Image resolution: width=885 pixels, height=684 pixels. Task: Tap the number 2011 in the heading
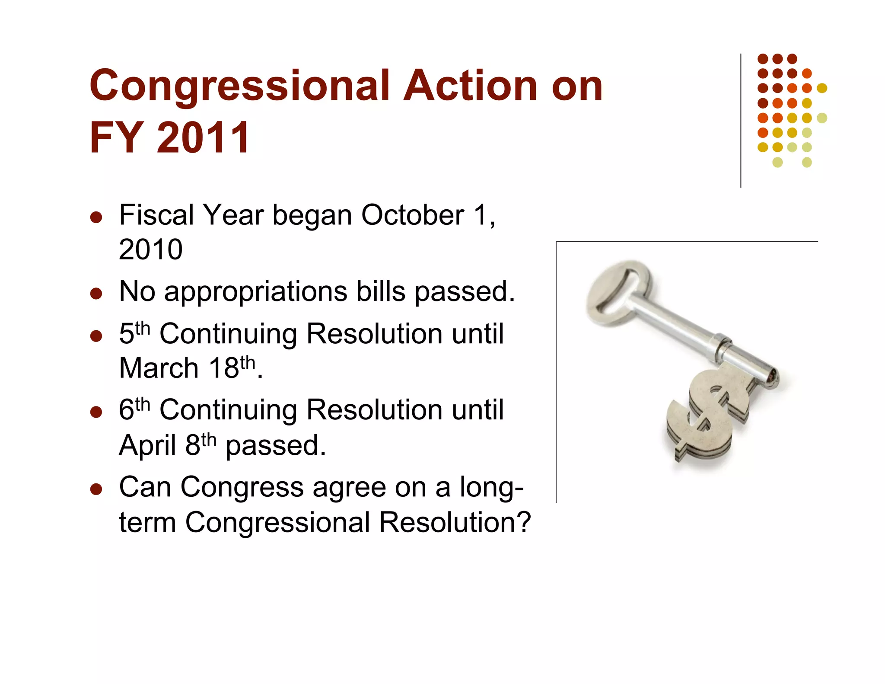[203, 137]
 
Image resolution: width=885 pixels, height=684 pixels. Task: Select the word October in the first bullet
[413, 215]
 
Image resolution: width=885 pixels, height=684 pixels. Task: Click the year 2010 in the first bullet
[151, 249]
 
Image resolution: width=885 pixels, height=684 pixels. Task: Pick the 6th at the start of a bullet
[134, 409]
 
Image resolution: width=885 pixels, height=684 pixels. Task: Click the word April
[147, 445]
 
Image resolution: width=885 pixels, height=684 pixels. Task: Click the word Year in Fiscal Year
[233, 215]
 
